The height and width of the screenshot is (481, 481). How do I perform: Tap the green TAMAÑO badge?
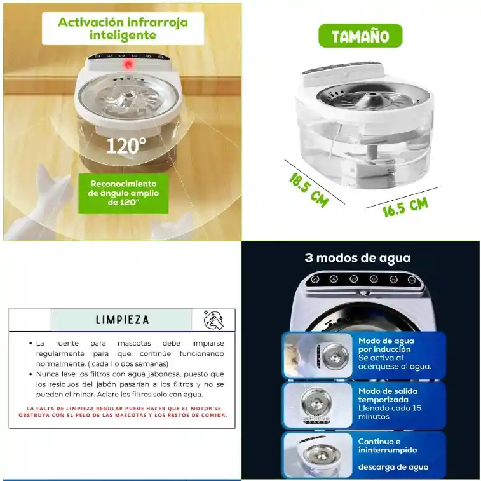coord(360,36)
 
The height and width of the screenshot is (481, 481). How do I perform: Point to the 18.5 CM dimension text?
coord(309,190)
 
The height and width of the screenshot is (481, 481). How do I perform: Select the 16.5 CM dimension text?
coord(405,207)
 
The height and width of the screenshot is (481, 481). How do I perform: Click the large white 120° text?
coord(126,146)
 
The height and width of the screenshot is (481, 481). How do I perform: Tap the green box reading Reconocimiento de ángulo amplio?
coord(123,193)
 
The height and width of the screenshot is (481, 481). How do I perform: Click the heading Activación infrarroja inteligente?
coord(123,29)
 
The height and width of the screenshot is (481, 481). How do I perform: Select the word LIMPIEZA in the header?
coord(123,320)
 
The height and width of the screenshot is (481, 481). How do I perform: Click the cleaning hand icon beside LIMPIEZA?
coord(213,320)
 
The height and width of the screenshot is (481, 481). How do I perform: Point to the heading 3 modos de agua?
coord(358,258)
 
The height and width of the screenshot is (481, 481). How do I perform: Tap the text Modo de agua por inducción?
coord(386,345)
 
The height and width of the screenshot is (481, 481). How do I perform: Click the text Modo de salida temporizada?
coord(388,395)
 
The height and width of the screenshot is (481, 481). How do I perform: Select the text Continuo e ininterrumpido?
coord(388,445)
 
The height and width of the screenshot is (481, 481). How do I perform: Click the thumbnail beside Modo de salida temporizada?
coord(318,405)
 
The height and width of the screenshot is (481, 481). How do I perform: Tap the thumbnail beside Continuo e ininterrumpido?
coord(318,455)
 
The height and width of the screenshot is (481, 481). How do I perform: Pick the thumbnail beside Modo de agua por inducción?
coord(318,356)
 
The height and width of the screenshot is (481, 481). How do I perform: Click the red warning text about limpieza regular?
coord(123,412)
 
